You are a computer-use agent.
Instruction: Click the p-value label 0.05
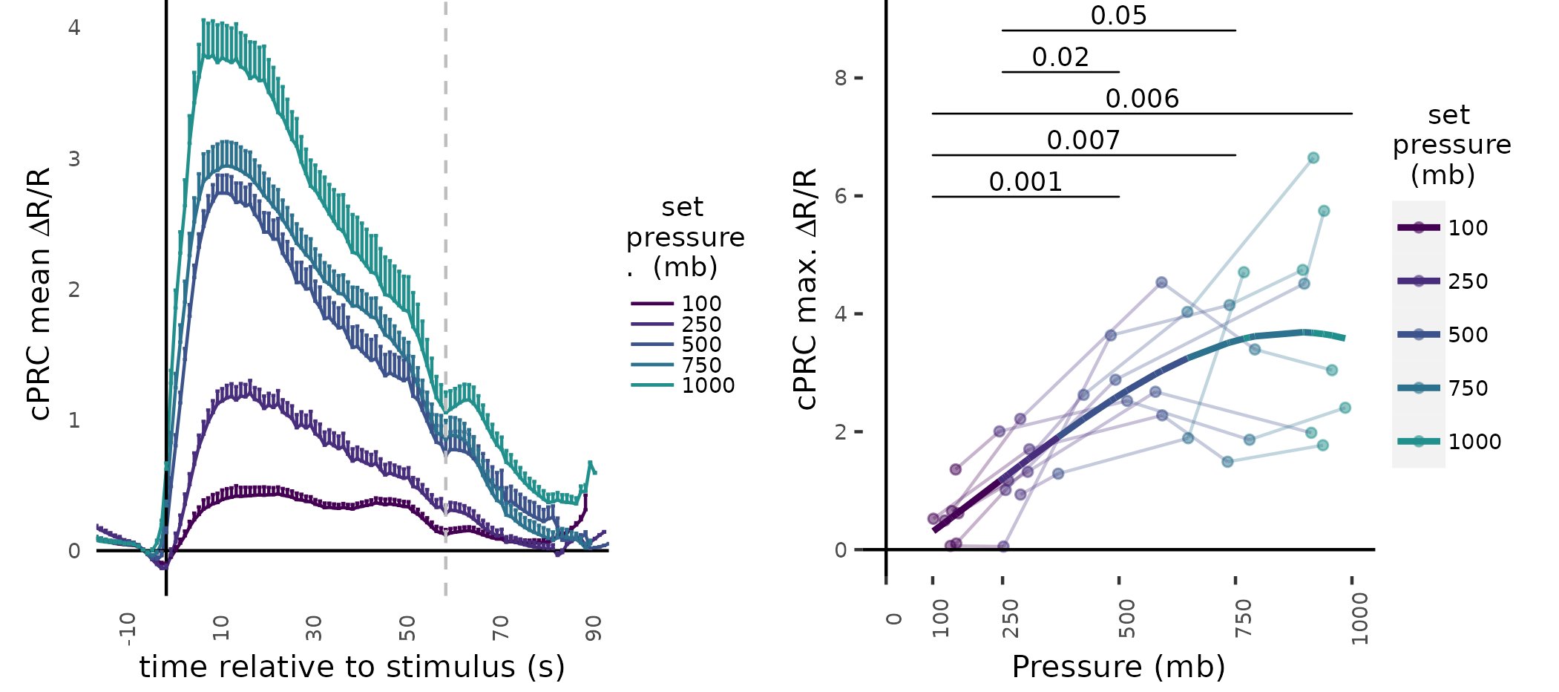click(1118, 16)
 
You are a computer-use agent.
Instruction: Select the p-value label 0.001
click(1025, 182)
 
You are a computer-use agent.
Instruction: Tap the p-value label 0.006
click(1142, 99)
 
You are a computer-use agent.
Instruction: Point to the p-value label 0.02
click(1060, 57)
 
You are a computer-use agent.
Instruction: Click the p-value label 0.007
click(1083, 140)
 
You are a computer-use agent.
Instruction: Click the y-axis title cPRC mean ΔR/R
click(40, 294)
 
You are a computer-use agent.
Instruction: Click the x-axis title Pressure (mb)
click(1118, 667)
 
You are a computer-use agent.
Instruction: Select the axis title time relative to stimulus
click(352, 667)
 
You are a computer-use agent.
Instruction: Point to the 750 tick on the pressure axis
click(1243, 618)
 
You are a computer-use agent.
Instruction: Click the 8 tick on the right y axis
click(841, 78)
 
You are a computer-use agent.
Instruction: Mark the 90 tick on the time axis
click(594, 627)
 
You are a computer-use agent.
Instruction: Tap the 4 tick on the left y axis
click(74, 27)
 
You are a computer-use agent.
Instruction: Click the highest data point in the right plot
click(1313, 158)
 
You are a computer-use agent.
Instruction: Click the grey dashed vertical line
click(445, 297)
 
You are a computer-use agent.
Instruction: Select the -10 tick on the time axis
click(128, 628)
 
